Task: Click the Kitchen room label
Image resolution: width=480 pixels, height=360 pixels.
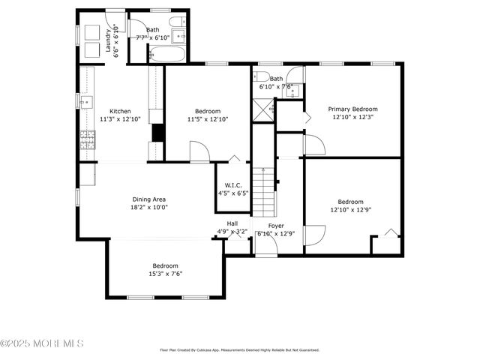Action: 120,111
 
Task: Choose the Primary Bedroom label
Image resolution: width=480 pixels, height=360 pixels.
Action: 352,109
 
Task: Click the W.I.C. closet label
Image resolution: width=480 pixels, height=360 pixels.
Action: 232,185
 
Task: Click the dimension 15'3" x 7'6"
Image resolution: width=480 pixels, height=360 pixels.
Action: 165,274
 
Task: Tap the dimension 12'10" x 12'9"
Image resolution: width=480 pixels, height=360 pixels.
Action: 349,209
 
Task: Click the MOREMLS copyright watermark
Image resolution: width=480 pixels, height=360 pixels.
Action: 42,343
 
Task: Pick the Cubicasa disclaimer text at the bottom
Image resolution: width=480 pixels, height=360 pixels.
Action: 239,349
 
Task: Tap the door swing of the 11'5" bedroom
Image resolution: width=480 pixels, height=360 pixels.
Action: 199,151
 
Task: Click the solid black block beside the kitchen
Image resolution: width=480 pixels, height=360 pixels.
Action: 158,132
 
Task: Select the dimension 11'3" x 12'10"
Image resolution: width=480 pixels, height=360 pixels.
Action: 120,118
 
